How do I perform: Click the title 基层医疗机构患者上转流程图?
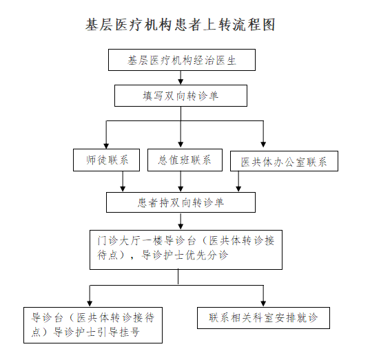pos(181,25)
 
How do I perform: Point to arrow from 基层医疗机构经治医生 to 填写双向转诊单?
pos(181,78)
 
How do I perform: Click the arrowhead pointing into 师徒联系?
pos(106,146)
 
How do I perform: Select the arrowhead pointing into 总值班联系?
pos(181,145)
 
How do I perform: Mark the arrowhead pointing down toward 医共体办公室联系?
pos(263,145)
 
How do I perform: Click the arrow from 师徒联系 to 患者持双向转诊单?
pos(123,182)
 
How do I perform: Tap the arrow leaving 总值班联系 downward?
pos(181,182)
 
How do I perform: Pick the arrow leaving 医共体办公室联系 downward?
pos(238,182)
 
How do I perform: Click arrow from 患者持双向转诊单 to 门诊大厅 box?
pos(181,221)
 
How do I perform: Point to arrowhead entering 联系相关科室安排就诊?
pos(263,304)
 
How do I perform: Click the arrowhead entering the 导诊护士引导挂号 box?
pos(90,304)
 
